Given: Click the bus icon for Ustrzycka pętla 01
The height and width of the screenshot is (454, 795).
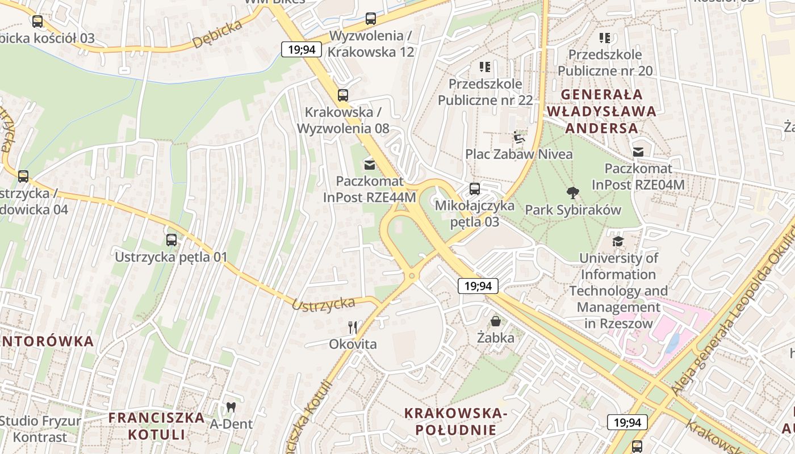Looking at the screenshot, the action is point(171,240).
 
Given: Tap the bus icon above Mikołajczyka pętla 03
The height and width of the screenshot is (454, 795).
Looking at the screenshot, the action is point(475,189).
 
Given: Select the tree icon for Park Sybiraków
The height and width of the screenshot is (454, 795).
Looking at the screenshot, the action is point(573,193).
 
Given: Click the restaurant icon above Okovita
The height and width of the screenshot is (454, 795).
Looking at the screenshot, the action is point(353,327).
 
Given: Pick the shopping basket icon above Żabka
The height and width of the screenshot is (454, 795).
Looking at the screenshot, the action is point(496,321).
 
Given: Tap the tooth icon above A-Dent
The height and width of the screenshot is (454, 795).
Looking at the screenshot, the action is point(231,407).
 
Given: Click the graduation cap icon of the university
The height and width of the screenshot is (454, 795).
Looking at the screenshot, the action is point(618,241).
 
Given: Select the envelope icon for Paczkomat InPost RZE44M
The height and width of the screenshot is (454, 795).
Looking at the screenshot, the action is point(370,165).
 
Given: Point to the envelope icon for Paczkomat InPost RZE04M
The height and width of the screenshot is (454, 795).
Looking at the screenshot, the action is point(638,152).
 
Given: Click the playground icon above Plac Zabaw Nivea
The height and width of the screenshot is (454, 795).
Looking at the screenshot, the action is point(518,137).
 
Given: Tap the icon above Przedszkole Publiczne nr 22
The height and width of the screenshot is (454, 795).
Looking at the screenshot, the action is point(485,67).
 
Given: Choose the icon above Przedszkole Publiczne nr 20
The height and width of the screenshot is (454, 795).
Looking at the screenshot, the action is point(605,38).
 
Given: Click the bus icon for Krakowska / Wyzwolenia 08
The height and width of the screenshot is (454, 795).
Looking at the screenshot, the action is point(343,95).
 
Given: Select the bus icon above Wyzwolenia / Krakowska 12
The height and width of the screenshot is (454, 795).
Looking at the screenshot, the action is point(371,19).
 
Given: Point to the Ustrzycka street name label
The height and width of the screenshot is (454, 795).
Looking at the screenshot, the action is point(323,304).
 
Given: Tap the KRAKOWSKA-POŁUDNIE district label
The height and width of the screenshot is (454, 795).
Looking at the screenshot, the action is point(455,421).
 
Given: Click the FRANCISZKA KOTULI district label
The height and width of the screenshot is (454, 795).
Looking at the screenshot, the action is point(156,426).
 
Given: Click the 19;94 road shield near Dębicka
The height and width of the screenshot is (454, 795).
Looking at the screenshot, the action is point(302,49).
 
